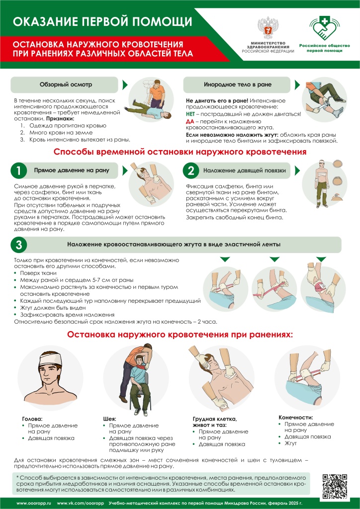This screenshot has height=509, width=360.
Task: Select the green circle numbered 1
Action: (x=18, y=170)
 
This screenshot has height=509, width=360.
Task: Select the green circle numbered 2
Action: (x=191, y=170)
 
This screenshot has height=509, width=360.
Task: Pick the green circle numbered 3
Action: (x=18, y=245)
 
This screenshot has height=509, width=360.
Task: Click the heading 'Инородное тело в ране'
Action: (x=231, y=85)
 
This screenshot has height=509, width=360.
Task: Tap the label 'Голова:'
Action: (x=33, y=419)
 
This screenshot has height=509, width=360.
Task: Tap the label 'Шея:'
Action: (x=110, y=419)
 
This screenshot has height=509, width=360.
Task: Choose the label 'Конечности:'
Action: (x=296, y=418)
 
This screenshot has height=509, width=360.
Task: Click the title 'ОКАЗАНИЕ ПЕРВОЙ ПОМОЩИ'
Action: (x=102, y=21)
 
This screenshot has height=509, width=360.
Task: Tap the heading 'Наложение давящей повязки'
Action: (x=244, y=170)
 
